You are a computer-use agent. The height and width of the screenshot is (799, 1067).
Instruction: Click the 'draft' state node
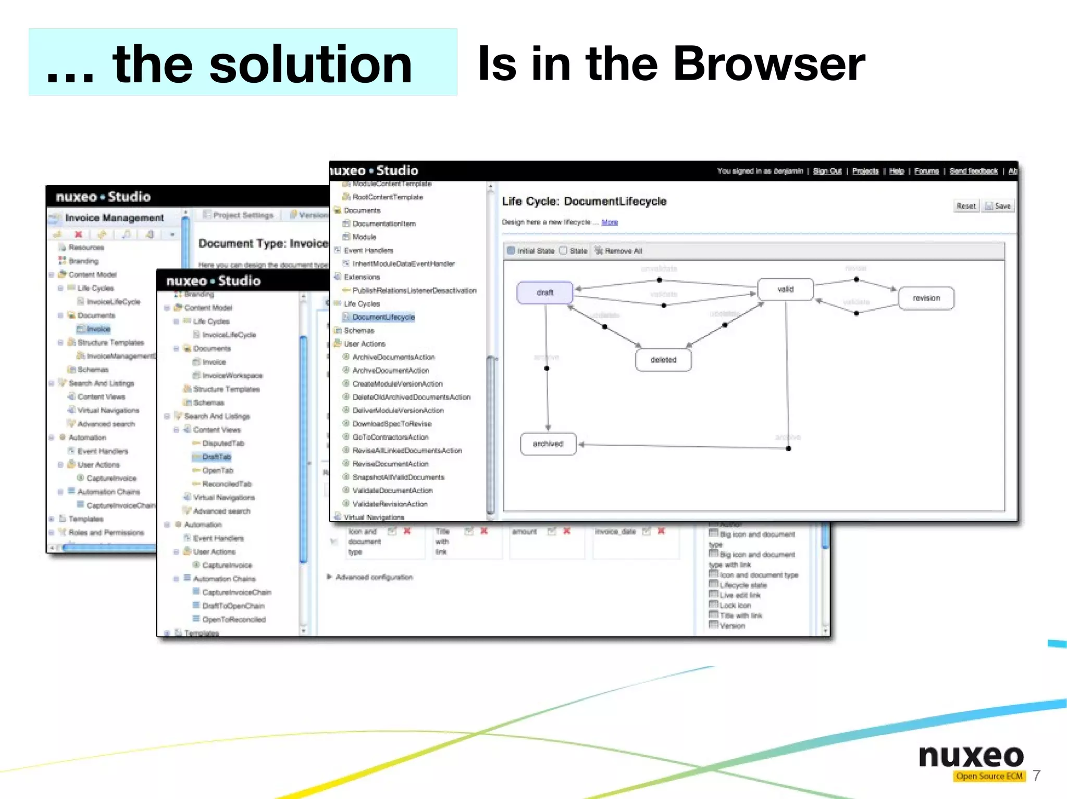pos(544,293)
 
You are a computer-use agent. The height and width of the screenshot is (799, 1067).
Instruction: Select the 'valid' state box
pos(785,289)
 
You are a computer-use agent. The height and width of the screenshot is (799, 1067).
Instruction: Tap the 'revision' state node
pos(926,298)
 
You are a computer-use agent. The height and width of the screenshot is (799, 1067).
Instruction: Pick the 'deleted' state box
pos(663,360)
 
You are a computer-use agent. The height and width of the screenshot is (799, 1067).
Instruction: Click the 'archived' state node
pos(548,444)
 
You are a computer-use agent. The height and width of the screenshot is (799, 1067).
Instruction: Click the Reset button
pos(965,206)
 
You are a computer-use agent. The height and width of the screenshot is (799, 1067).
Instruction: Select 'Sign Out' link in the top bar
pos(827,171)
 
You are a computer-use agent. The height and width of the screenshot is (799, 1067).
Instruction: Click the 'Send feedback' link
pos(973,171)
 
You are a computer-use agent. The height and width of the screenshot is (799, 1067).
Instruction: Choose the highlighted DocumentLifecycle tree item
pos(383,317)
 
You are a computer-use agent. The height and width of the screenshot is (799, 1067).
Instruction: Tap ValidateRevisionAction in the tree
pos(390,504)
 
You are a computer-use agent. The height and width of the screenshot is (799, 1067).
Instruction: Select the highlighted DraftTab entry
pos(216,457)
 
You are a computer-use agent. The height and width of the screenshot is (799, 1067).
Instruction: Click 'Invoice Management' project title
pos(114,218)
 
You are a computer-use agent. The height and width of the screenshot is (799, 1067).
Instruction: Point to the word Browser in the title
pos(769,64)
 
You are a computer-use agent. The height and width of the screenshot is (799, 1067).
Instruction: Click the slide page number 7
pos(1036,776)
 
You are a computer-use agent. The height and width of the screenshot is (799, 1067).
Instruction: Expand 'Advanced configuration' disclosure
pos(329,577)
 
